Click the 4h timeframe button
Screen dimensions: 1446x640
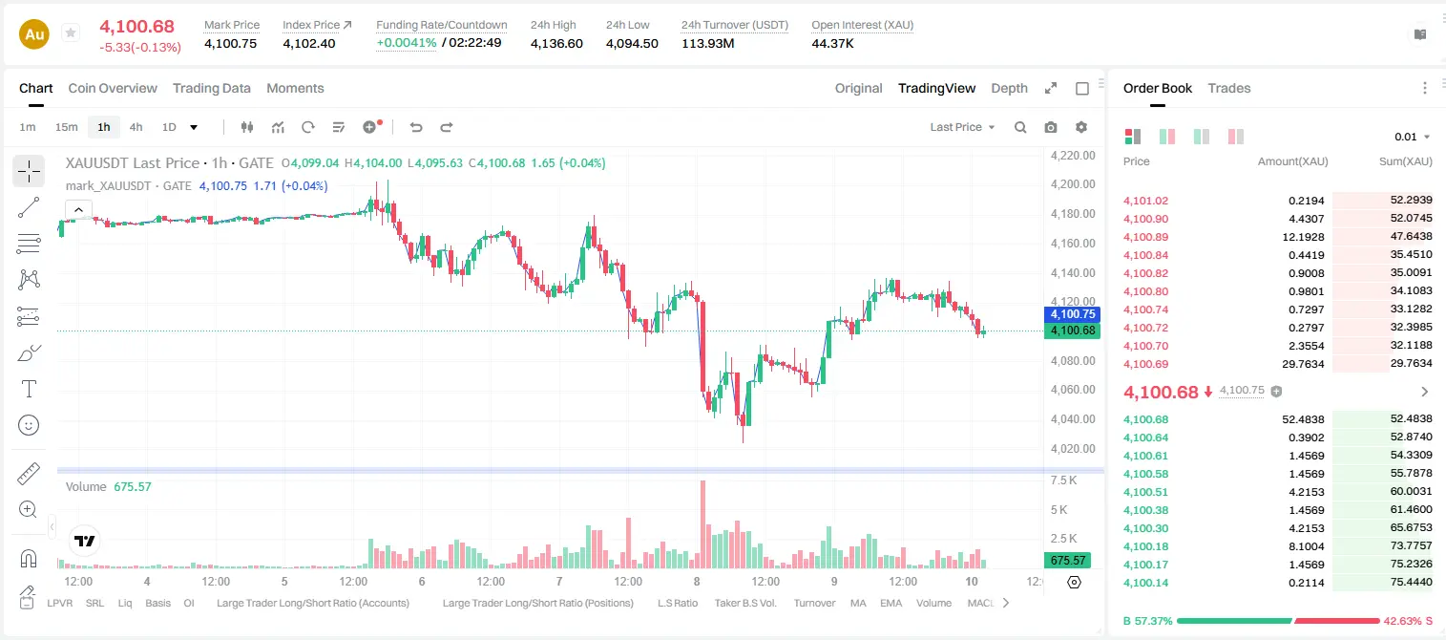coord(136,127)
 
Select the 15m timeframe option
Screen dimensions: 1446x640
coord(67,127)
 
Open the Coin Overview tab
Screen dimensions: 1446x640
coord(113,89)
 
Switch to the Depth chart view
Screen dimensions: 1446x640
coord(1009,89)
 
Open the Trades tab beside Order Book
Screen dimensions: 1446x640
coord(1229,89)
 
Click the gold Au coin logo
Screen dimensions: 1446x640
coord(34,34)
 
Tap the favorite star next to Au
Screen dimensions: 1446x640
coord(71,32)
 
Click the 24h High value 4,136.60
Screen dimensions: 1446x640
coord(556,43)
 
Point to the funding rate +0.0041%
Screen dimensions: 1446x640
coord(407,43)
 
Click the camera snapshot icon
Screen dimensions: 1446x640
coord(1051,127)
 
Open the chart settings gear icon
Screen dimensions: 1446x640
coord(1081,127)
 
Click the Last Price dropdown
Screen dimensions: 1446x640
coord(962,127)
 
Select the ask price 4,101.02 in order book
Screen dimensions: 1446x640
coord(1146,201)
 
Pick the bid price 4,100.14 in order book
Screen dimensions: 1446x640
coord(1146,583)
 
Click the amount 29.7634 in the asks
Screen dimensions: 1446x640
coord(1303,364)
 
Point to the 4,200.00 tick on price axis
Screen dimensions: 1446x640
coord(1073,184)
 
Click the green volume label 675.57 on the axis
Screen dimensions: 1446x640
coord(1068,560)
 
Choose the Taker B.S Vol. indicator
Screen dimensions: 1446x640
coord(744,603)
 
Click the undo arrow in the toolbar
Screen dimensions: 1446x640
coord(416,127)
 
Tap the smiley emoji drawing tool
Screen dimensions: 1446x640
coord(29,425)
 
